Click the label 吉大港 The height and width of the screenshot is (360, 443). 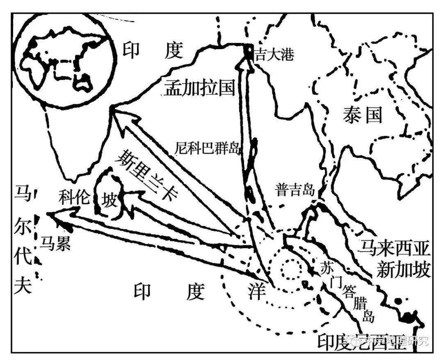[274, 55]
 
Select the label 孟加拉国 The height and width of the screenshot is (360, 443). [199, 88]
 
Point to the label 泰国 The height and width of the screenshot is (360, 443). [362, 116]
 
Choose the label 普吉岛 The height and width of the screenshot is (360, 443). [295, 190]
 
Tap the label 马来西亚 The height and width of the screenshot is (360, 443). [394, 248]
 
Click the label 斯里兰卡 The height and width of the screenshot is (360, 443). [150, 175]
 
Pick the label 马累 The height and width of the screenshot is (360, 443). [55, 244]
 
